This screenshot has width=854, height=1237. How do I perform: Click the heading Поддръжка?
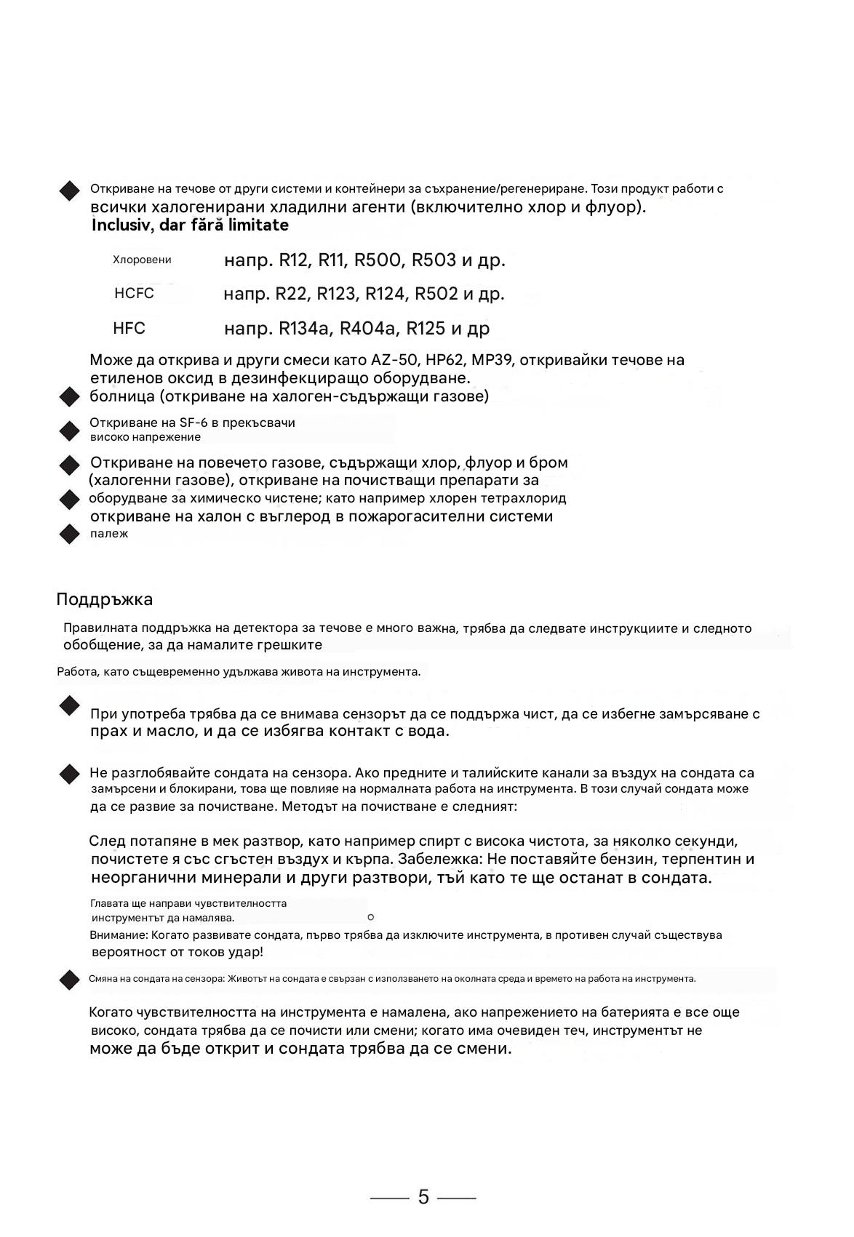click(104, 600)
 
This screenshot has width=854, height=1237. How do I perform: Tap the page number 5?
click(423, 1197)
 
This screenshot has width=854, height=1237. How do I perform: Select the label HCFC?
click(134, 294)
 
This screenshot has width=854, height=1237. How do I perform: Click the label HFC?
click(129, 329)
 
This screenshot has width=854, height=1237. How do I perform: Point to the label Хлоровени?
click(142, 260)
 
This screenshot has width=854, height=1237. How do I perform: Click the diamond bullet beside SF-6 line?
click(69, 431)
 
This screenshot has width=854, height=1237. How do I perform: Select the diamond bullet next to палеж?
click(69, 534)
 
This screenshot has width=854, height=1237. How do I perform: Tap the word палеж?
click(109, 534)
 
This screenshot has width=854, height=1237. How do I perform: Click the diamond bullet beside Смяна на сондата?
click(69, 979)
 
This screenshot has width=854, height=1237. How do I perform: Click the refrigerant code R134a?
click(304, 329)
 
